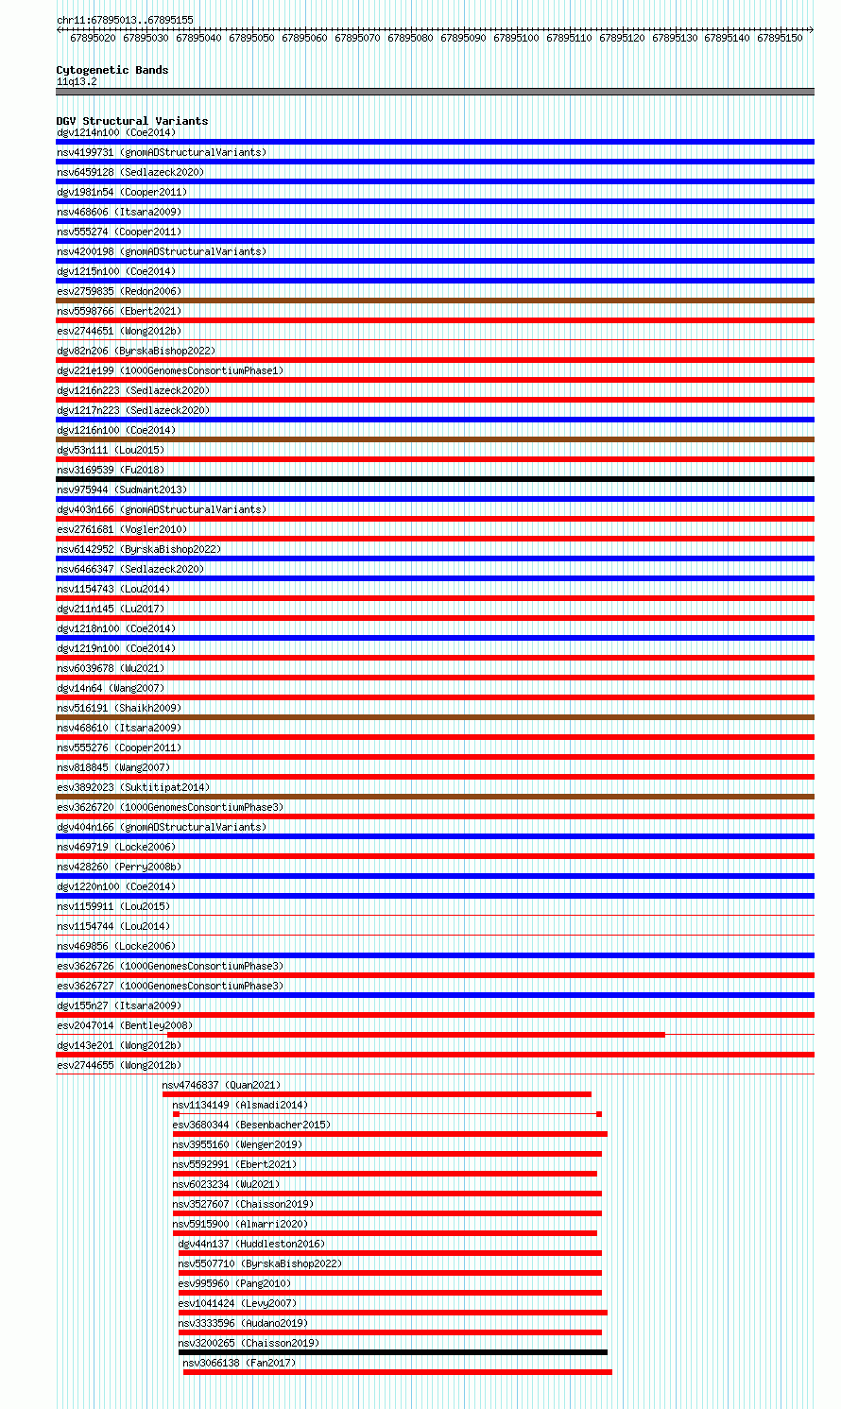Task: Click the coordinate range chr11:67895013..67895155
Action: coord(125,20)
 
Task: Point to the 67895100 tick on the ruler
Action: coord(516,38)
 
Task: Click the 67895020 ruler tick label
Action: coord(93,38)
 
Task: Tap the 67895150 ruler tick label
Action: coord(780,38)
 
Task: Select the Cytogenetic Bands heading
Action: coord(112,70)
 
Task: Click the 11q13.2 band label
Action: coord(77,81)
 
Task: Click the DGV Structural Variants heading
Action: coord(131,121)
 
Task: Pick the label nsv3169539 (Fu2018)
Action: coord(110,470)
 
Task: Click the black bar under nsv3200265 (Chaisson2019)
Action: coord(392,1352)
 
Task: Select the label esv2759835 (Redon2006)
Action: coord(118,291)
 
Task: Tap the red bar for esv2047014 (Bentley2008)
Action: coord(416,1035)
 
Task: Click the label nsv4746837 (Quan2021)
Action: coord(221,1085)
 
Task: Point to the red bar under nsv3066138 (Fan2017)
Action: coord(397,1372)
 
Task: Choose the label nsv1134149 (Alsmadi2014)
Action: coord(240,1105)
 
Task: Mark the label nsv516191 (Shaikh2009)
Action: coord(118,708)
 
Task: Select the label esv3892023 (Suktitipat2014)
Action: coord(133,787)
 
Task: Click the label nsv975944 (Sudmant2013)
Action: coord(121,490)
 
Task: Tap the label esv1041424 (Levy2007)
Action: coord(237,1303)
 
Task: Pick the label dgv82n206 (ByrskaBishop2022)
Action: coord(135,351)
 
